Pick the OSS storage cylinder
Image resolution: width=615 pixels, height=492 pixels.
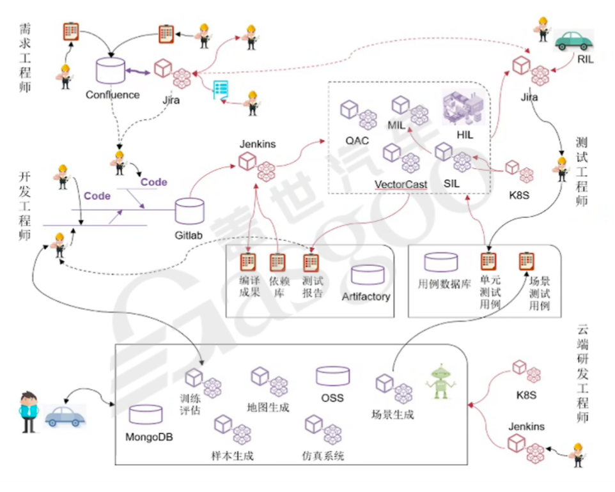tap(332, 378)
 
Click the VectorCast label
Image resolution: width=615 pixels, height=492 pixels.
tap(401, 184)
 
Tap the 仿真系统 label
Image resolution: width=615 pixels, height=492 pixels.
tap(323, 456)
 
